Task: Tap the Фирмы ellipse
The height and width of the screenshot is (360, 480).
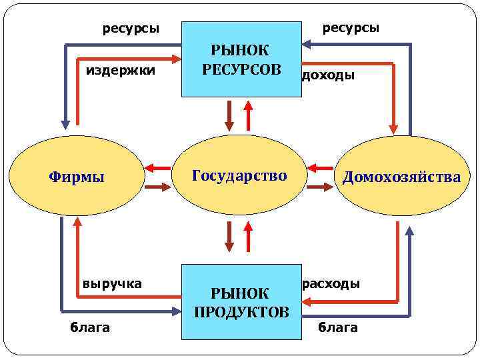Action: [x=77, y=177]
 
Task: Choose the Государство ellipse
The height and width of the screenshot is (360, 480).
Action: [x=239, y=176]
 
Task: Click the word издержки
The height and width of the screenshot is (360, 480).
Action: [x=121, y=70]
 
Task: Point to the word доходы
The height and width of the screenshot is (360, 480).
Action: [x=328, y=75]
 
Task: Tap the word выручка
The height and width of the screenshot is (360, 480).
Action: [x=112, y=283]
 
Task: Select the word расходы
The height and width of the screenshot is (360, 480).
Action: [x=331, y=283]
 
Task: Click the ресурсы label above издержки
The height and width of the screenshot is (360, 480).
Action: [x=131, y=29]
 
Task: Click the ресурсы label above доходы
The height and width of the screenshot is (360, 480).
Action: [x=351, y=28]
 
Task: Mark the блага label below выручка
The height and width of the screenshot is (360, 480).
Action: [x=90, y=327]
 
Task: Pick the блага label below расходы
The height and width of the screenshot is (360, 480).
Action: [x=337, y=327]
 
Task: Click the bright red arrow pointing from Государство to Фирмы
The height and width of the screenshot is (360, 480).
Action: [x=157, y=167]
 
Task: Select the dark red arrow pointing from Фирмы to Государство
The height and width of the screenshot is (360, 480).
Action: [x=157, y=188]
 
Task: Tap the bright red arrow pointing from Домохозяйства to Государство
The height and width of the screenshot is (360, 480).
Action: [x=321, y=167]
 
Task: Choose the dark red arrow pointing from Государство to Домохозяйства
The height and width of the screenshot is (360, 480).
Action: [x=319, y=188]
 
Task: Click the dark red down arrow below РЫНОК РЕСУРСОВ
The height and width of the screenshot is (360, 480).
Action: [x=229, y=115]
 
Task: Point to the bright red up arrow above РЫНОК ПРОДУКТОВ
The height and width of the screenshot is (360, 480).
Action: [x=249, y=237]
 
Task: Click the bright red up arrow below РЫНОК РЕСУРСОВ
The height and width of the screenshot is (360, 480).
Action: [x=249, y=115]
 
